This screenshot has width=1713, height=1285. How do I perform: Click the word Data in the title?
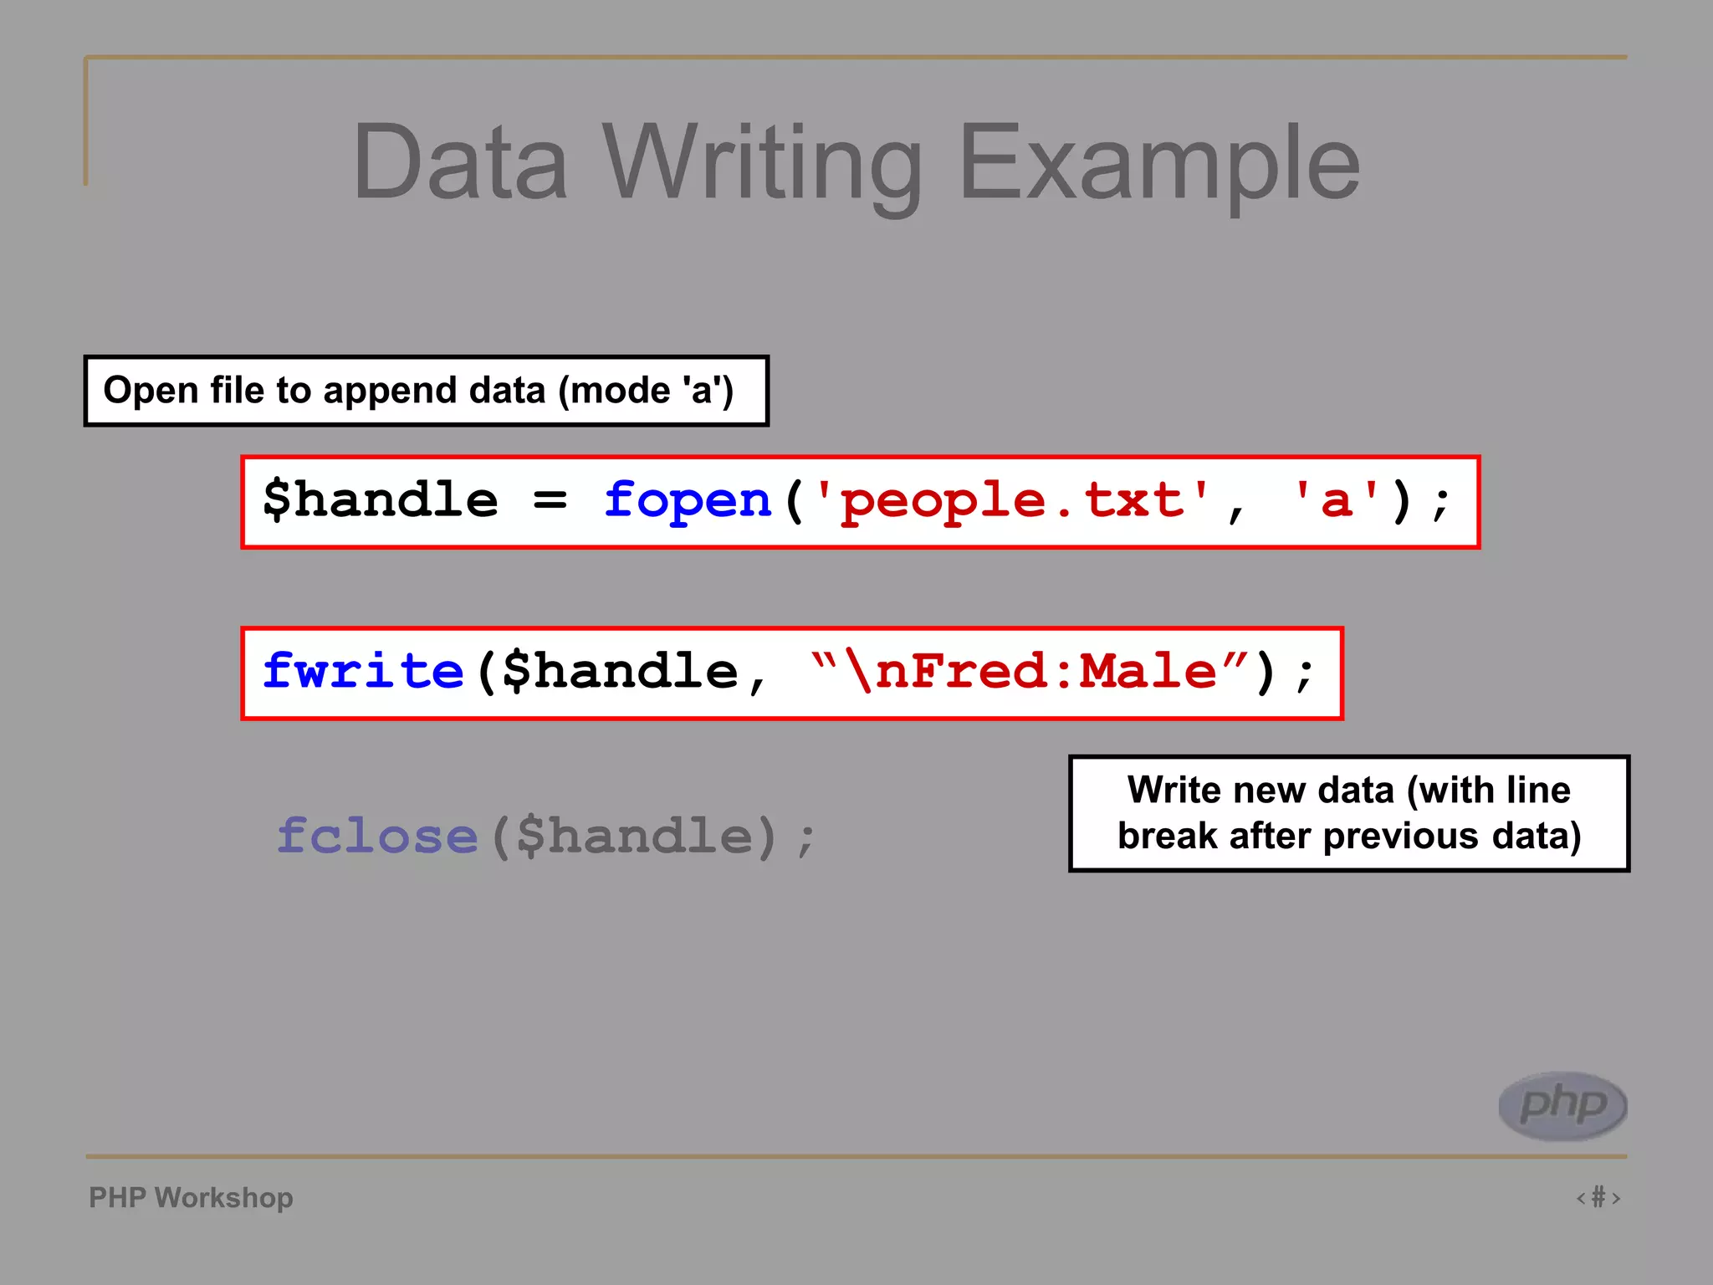tap(460, 163)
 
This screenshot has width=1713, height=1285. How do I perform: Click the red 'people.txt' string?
tap(1013, 501)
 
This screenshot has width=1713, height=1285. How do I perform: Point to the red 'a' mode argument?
tap(1337, 501)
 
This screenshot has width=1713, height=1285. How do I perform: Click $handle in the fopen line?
tap(381, 501)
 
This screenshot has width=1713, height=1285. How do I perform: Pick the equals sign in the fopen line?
tap(550, 501)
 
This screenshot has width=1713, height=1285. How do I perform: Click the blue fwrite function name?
tap(363, 672)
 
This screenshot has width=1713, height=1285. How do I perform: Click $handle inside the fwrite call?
tap(620, 672)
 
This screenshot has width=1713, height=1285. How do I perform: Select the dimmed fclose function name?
tap(377, 836)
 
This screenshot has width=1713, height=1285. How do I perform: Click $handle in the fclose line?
tap(635, 836)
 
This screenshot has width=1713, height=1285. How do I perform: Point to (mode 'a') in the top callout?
tap(646, 391)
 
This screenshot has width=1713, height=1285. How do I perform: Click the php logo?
tap(1562, 1105)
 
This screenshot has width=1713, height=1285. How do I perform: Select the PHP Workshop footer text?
tap(191, 1197)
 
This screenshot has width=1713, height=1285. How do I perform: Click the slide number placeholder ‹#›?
tap(1598, 1197)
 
